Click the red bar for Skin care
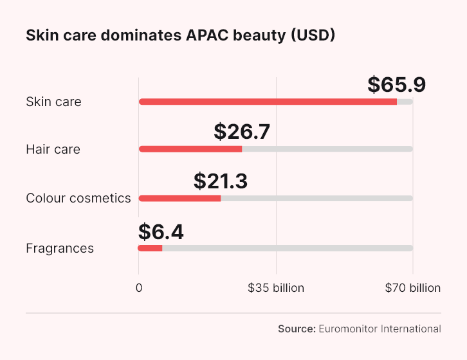pyautogui.click(x=268, y=102)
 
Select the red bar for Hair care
pyautogui.click(x=190, y=149)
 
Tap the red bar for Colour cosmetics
pyautogui.click(x=179, y=198)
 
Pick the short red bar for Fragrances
pyautogui.click(x=150, y=248)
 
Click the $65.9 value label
pyautogui.click(x=396, y=85)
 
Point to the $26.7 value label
pyautogui.click(x=241, y=132)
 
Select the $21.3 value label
pyautogui.click(x=220, y=181)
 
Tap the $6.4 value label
pyautogui.click(x=161, y=231)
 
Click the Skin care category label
pyautogui.click(x=53, y=102)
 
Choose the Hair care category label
pyautogui.click(x=53, y=150)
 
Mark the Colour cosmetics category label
pyautogui.click(x=78, y=198)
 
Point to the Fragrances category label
pyautogui.click(x=60, y=248)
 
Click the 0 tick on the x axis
pyautogui.click(x=138, y=288)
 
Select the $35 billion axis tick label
pyautogui.click(x=276, y=288)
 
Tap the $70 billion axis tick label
pyautogui.click(x=413, y=288)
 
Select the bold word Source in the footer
pyautogui.click(x=297, y=328)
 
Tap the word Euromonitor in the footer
pyautogui.click(x=349, y=328)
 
